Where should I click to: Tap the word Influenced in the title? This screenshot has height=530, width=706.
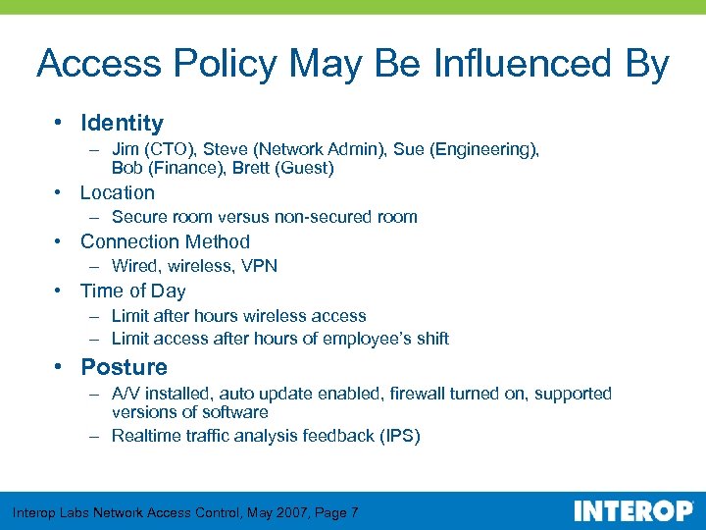(x=516, y=65)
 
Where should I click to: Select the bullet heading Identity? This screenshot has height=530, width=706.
(x=122, y=123)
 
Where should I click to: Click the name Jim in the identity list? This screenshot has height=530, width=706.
(x=126, y=149)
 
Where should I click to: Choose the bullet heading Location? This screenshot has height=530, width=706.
(x=118, y=192)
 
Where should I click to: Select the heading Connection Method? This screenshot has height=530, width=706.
(x=165, y=241)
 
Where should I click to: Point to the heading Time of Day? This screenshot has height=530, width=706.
(x=132, y=291)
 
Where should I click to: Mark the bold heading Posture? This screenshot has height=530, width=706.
(x=124, y=367)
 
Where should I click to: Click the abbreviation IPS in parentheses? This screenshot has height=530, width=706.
(x=399, y=436)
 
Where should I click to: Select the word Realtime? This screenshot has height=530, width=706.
(x=147, y=436)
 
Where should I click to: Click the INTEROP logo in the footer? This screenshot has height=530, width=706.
(x=633, y=511)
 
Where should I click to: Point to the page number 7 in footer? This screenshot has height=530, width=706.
(x=354, y=512)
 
